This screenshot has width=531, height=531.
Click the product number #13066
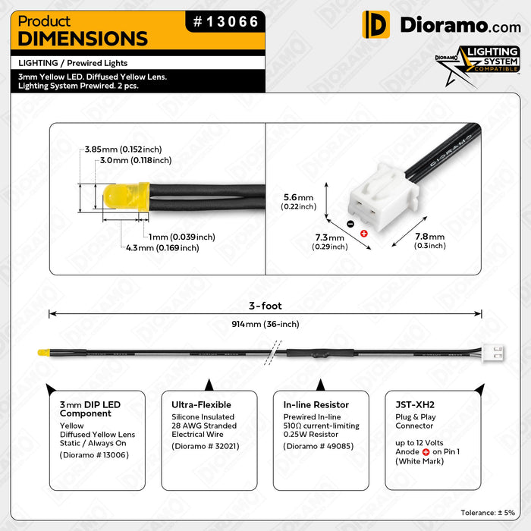pyautogui.click(x=225, y=23)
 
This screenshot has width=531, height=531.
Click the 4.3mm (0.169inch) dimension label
pyautogui.click(x=162, y=247)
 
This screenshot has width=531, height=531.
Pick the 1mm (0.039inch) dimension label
pyautogui.click(x=181, y=236)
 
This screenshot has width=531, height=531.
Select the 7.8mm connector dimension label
pyautogui.click(x=429, y=240)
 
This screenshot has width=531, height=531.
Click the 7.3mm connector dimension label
pyautogui.click(x=329, y=241)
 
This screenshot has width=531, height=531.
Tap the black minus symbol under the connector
pyautogui.click(x=349, y=224)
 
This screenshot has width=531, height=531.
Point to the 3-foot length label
pyautogui.click(x=265, y=306)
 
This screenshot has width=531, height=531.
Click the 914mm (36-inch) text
pyautogui.click(x=265, y=324)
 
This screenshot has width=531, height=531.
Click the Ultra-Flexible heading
pyautogui.click(x=201, y=405)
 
